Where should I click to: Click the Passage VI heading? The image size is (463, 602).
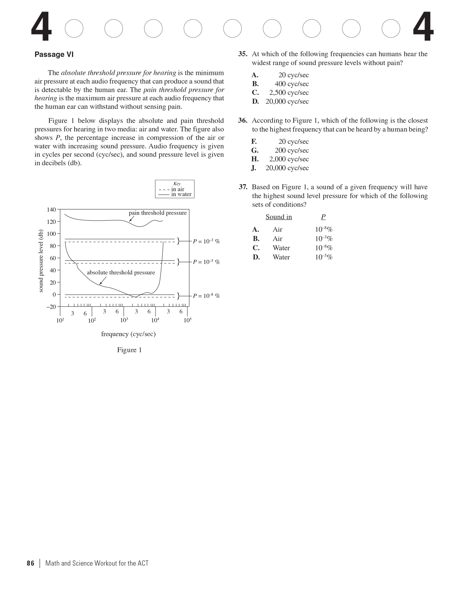tap(54, 55)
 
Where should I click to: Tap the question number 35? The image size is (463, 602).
tap(243, 54)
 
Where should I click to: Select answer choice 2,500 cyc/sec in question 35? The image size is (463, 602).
tap(289, 93)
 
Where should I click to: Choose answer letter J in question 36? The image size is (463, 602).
tap(254, 168)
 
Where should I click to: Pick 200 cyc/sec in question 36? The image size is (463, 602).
tap(292, 150)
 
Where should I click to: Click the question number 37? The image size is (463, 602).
tap(243, 187)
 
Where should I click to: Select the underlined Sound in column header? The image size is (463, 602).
tap(279, 217)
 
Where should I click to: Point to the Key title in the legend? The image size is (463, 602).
tap(177, 184)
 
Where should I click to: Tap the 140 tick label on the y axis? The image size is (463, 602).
tap(51, 210)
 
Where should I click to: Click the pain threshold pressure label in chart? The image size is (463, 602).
tap(158, 213)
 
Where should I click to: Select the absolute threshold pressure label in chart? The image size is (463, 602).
tap(121, 272)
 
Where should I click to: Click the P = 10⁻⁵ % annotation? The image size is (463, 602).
tap(206, 262)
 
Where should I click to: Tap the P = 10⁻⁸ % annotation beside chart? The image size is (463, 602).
tap(206, 296)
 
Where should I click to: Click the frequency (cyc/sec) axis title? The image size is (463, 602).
tap(128, 334)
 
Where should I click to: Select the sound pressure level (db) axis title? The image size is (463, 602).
tap(41, 261)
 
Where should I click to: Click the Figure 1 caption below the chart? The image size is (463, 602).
tap(129, 350)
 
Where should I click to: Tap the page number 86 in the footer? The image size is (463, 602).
tap(30, 564)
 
